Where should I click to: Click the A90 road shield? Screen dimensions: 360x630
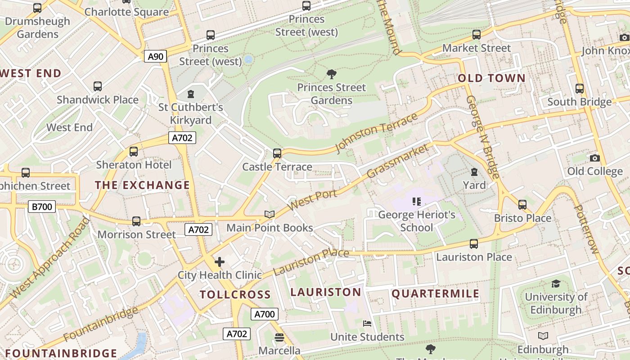coord(156,56)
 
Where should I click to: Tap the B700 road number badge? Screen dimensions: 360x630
coord(42,207)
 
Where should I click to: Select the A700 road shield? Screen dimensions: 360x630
coord(264,314)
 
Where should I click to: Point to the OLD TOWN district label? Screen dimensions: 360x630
coord(491,78)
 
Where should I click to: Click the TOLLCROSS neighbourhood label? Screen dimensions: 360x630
coord(235,295)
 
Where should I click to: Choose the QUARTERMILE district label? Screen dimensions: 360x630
coord(435,294)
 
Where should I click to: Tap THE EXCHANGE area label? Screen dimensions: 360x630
coord(142,185)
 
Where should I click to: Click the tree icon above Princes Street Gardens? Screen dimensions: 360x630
coord(332,74)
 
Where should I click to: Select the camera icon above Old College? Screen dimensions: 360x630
coord(594,158)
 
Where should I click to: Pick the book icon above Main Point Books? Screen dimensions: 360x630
coord(270,215)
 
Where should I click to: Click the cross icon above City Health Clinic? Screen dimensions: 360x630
coord(220,262)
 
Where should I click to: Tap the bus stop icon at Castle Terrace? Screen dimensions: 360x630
coord(277,153)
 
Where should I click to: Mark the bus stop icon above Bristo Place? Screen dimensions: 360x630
coord(522,205)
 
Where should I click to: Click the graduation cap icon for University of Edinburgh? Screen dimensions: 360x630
coord(556,283)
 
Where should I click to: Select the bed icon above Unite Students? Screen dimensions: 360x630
coord(367,324)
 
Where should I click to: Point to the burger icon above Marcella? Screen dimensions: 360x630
coord(279,337)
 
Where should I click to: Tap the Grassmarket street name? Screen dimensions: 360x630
coord(397,161)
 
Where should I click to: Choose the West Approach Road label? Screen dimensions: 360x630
coord(49,257)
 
